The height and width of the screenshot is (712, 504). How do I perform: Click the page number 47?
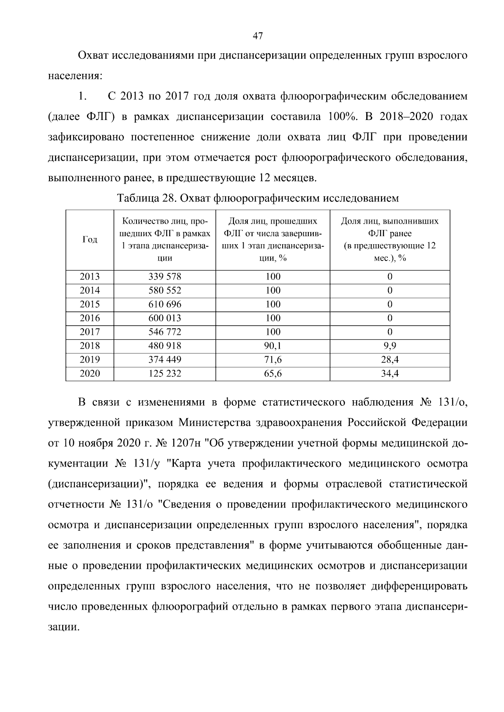coord(258,36)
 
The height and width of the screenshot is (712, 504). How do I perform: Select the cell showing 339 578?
coord(165,276)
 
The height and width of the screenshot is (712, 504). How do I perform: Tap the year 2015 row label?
coord(90,304)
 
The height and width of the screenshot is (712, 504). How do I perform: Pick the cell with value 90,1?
coord(273,346)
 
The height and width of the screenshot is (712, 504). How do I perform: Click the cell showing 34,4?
coord(390,373)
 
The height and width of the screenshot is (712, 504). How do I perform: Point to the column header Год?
coord(90,240)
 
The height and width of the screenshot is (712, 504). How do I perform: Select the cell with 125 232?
coord(165,373)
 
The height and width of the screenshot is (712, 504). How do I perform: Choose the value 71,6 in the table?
coord(273,360)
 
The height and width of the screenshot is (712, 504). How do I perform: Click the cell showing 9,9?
coord(390,346)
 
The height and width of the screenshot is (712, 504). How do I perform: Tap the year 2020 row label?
coord(90,373)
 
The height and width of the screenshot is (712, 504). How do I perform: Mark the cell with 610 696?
coord(165,304)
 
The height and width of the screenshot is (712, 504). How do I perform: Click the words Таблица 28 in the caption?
coord(145,198)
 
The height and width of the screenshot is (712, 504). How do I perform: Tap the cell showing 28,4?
coord(390,360)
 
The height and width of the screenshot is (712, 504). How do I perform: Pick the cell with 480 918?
coord(165,346)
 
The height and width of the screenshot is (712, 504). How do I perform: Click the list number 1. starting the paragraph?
coord(82,96)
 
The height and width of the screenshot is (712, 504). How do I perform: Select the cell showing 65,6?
coord(273,373)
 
